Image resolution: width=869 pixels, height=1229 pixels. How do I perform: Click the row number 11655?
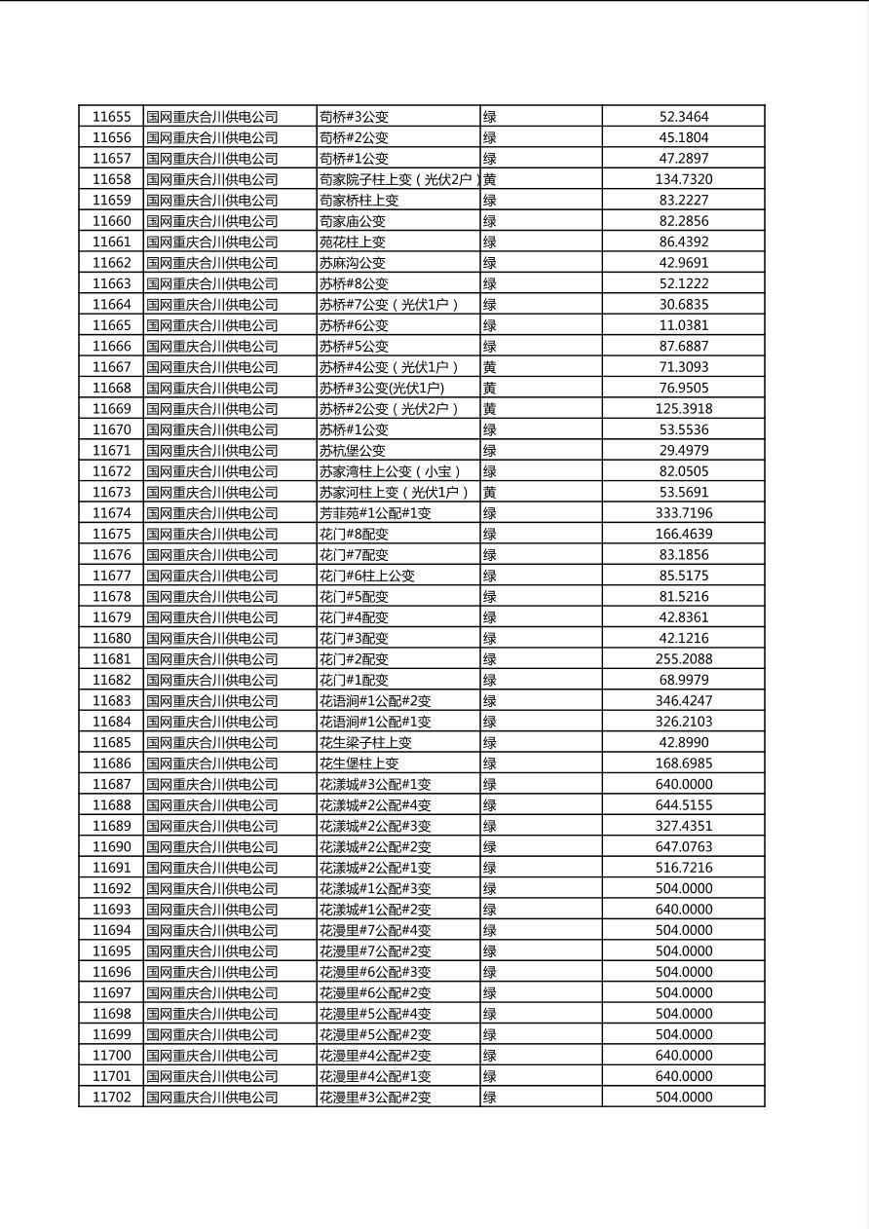pyautogui.click(x=111, y=117)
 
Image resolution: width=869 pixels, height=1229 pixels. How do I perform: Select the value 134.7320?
pyautogui.click(x=684, y=179)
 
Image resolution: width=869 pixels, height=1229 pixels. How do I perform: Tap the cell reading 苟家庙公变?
pyautogui.click(x=353, y=221)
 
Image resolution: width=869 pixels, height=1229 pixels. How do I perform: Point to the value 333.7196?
pyautogui.click(x=684, y=513)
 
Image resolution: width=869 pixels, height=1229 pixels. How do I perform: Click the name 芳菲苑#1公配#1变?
pyautogui.click(x=375, y=513)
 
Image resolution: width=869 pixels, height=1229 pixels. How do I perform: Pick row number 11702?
pyautogui.click(x=111, y=1098)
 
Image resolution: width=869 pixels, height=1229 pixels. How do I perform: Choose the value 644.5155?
pyautogui.click(x=684, y=805)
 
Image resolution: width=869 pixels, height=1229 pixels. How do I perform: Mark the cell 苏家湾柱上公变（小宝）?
pyautogui.click(x=391, y=471)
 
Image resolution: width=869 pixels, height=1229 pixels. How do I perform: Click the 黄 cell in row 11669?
pyautogui.click(x=490, y=409)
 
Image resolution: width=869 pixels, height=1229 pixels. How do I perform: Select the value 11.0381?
pyautogui.click(x=684, y=325)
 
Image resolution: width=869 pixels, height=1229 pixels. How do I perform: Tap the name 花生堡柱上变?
pyautogui.click(x=359, y=763)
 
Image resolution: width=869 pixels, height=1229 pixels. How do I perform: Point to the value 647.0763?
pyautogui.click(x=684, y=847)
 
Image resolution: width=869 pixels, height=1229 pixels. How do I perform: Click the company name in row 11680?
pyautogui.click(x=212, y=639)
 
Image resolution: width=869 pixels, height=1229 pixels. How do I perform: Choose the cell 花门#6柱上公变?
pyautogui.click(x=367, y=576)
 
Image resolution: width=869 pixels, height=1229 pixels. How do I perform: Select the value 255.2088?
pyautogui.click(x=684, y=659)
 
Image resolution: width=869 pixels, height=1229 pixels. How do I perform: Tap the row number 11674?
pyautogui.click(x=111, y=513)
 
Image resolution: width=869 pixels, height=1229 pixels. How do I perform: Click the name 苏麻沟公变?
pyautogui.click(x=353, y=263)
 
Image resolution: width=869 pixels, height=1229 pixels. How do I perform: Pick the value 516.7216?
pyautogui.click(x=684, y=868)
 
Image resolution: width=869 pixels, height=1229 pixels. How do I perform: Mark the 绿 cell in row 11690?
pyautogui.click(x=490, y=847)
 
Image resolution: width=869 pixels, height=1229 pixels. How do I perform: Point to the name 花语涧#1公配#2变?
pyautogui.click(x=375, y=701)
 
